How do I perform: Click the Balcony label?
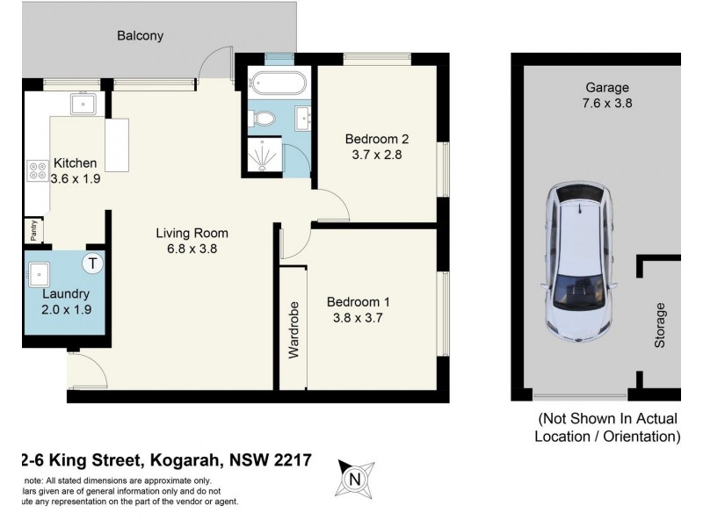(x=141, y=36)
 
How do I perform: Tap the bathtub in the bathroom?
(x=277, y=86)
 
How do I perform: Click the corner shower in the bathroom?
(x=267, y=155)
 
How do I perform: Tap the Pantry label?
(x=33, y=230)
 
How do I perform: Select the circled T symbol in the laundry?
(x=93, y=263)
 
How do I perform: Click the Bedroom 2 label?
(x=377, y=139)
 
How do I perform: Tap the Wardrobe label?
(x=294, y=332)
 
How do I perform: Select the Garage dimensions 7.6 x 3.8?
(x=608, y=103)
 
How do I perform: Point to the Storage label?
(x=660, y=325)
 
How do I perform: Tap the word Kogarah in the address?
(x=186, y=460)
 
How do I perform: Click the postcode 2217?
(x=292, y=460)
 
